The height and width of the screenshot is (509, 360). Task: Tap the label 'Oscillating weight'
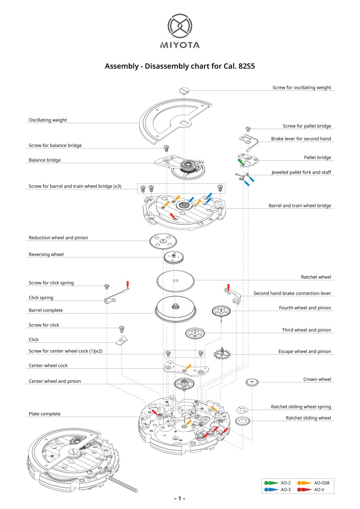pyautogui.click(x=48, y=120)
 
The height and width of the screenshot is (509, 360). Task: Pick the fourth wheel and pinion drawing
pyautogui.click(x=221, y=311)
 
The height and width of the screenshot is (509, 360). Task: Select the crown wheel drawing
pyautogui.click(x=252, y=382)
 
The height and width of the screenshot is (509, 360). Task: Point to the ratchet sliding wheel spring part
pyautogui.click(x=243, y=409)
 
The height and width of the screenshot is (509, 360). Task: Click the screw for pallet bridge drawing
pyautogui.click(x=248, y=129)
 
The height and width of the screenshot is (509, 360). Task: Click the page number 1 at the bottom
pyautogui.click(x=180, y=498)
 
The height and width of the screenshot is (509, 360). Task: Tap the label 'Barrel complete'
pyautogui.click(x=46, y=310)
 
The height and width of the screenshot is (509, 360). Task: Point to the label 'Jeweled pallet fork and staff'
pyautogui.click(x=301, y=172)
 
